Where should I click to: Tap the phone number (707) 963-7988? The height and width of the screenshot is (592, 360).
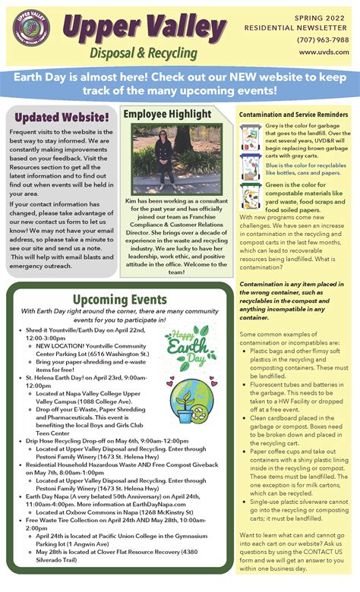323,39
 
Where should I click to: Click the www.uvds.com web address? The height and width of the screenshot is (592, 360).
324,52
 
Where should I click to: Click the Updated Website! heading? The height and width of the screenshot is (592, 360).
61,117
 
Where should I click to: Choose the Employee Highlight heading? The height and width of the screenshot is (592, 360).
168,115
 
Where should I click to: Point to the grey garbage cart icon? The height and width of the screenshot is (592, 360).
251,137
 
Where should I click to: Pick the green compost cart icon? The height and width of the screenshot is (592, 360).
251,197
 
